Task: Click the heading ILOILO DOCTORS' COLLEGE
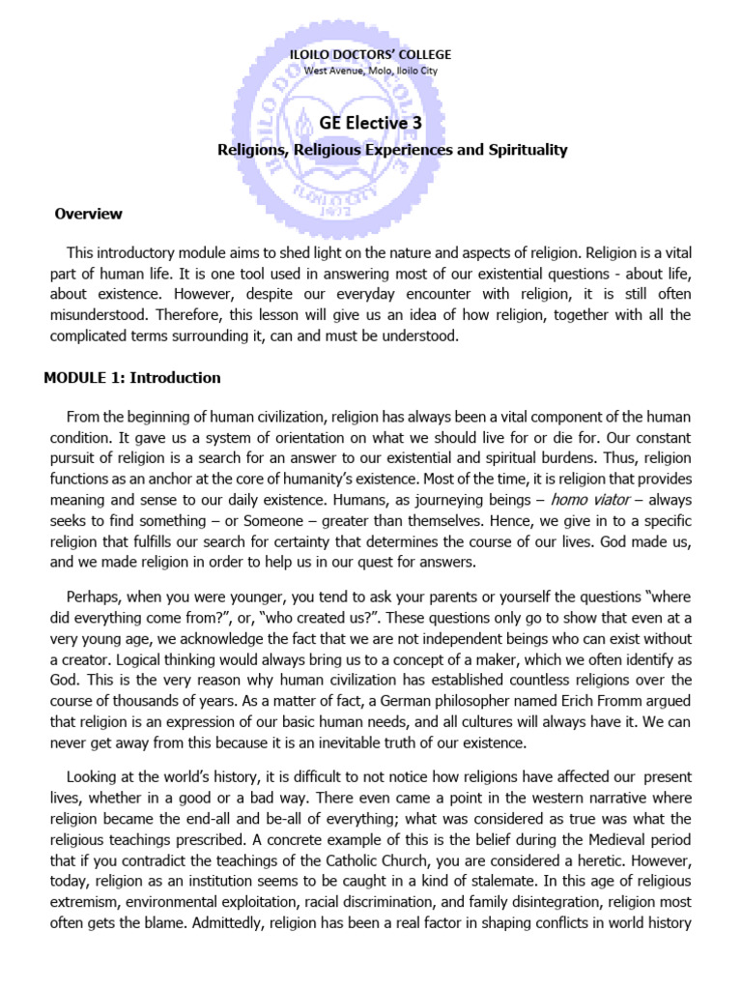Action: click(371, 55)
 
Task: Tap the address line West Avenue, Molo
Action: click(371, 71)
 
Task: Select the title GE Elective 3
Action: click(371, 123)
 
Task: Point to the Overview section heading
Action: click(89, 214)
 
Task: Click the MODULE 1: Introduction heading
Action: click(132, 378)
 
